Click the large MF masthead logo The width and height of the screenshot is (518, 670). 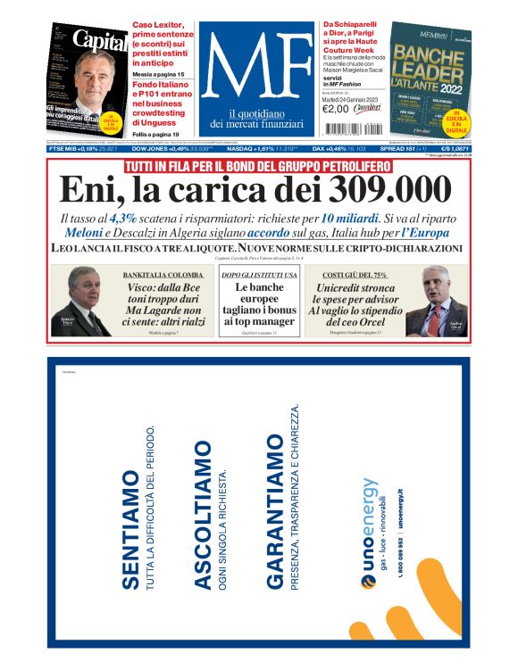coord(257,66)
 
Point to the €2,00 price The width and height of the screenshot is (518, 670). coord(336,110)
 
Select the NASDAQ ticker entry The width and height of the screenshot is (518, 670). coord(263,148)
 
